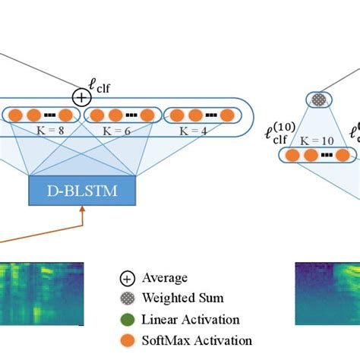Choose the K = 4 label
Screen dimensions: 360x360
point(195,131)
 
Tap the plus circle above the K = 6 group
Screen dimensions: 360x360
point(81,97)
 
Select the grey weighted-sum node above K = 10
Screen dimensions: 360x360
point(317,99)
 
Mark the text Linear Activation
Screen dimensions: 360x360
point(191,320)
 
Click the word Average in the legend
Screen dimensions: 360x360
point(165,279)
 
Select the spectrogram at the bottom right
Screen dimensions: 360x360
point(327,292)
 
